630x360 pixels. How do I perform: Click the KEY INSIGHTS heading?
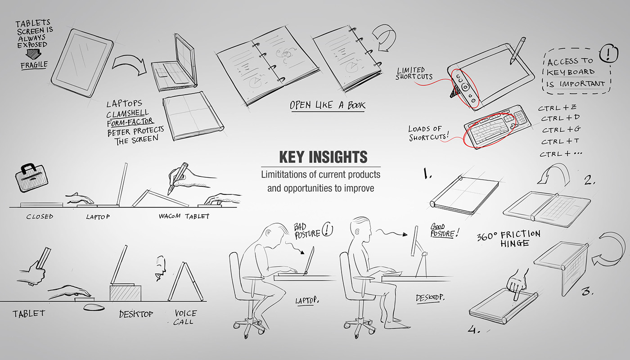point(323,157)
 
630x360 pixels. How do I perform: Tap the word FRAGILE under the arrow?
point(34,66)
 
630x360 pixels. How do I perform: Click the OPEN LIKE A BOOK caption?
point(328,105)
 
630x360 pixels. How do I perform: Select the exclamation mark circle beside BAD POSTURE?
point(327,230)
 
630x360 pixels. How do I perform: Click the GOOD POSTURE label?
point(445,230)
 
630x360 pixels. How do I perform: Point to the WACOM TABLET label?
point(184,216)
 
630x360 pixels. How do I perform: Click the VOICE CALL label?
point(185,317)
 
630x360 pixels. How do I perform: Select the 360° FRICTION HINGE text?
point(508,238)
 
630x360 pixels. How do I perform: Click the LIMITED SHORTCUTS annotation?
point(414,73)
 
